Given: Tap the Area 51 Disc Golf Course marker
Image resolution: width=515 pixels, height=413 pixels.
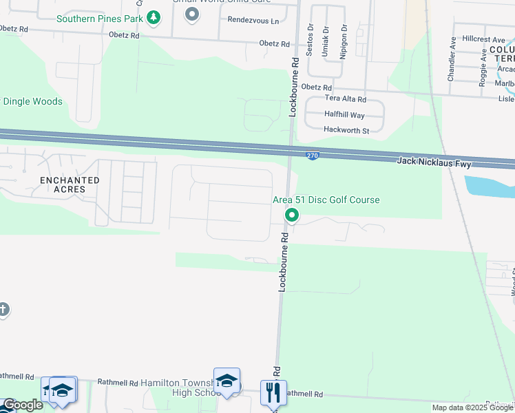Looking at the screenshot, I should pyautogui.click(x=292, y=216).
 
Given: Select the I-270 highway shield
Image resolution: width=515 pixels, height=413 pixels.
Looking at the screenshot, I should pyautogui.click(x=313, y=156).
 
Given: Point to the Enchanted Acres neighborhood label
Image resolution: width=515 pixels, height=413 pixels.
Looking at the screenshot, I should pyautogui.click(x=70, y=184).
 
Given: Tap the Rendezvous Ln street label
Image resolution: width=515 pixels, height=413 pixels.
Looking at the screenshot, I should pyautogui.click(x=253, y=21).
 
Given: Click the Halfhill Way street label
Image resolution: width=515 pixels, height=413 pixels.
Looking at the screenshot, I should pyautogui.click(x=344, y=115).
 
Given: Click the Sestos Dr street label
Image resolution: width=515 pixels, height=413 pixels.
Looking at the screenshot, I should pyautogui.click(x=311, y=42).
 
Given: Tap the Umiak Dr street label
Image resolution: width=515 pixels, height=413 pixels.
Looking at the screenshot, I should pyautogui.click(x=326, y=42).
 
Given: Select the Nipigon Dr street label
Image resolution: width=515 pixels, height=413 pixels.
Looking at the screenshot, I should pyautogui.click(x=343, y=42).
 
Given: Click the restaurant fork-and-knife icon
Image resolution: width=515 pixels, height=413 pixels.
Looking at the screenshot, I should pyautogui.click(x=273, y=392).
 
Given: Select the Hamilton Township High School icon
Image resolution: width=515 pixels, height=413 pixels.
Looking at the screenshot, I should pyautogui.click(x=227, y=381).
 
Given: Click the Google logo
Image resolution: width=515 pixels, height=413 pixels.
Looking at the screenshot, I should pyautogui.click(x=23, y=405).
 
